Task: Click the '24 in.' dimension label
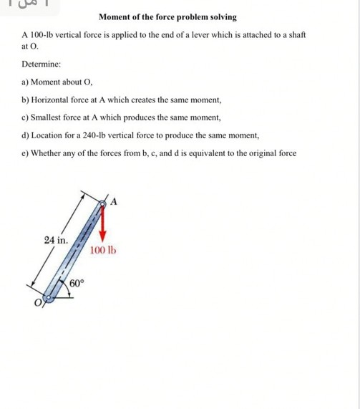tap(56, 239)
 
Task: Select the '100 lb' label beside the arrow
tap(104, 251)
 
